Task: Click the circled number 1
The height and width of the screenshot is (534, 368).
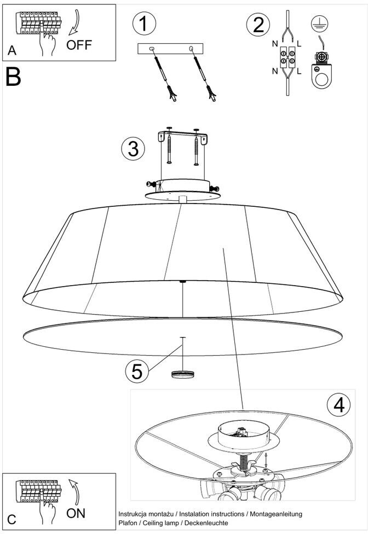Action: tap(144, 24)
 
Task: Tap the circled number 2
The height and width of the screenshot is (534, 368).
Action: tap(258, 25)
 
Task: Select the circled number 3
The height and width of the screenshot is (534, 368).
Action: tap(133, 149)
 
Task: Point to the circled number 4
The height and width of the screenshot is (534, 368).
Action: tap(338, 405)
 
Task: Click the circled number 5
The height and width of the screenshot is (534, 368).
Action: tap(137, 371)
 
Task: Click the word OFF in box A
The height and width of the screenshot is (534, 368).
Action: tap(79, 45)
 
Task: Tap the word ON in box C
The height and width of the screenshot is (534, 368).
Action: tap(76, 513)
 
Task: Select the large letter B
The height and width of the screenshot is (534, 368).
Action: tap(13, 77)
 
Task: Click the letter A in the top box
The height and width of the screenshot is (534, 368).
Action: tap(12, 50)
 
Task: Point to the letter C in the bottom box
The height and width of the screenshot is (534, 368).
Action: tap(12, 519)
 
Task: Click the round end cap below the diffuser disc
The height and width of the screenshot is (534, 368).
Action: tap(183, 374)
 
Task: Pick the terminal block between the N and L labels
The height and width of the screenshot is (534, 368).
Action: tap(288, 57)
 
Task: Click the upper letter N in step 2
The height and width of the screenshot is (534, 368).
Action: tap(275, 44)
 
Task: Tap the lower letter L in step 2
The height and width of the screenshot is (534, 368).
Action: tap(299, 71)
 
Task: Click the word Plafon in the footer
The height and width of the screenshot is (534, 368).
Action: tap(128, 523)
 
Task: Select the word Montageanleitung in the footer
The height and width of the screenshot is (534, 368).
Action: tap(276, 514)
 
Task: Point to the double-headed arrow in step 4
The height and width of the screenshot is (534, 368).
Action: tap(266, 460)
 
